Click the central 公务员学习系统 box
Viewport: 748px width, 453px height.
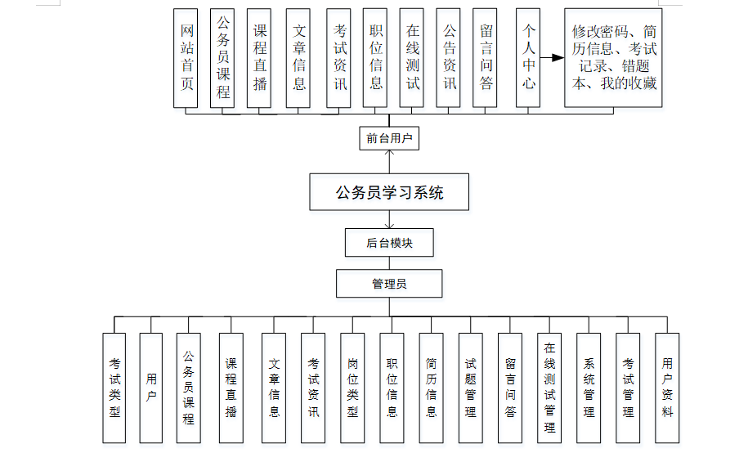click(389, 194)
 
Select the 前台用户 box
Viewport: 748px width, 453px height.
click(389, 138)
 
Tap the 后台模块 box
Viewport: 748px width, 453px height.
click(389, 243)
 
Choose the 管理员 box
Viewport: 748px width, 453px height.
click(389, 284)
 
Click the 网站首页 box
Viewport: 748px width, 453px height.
click(186, 57)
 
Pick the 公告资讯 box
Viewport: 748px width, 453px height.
click(449, 57)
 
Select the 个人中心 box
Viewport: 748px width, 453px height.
click(528, 57)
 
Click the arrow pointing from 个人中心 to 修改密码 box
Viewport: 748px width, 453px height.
click(553, 58)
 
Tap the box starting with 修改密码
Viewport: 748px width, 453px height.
click(614, 57)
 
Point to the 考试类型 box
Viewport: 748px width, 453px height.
click(114, 388)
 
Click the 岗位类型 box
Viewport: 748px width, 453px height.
click(352, 388)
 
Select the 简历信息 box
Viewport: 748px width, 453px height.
click(431, 388)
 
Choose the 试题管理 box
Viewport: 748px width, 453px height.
click(470, 388)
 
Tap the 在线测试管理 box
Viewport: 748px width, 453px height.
click(549, 388)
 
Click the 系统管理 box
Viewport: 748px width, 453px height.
click(589, 388)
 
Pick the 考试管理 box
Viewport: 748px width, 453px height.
click(628, 388)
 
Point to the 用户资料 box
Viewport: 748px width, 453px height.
click(667, 388)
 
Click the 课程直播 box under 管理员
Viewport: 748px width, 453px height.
click(231, 388)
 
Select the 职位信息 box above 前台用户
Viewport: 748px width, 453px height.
click(375, 57)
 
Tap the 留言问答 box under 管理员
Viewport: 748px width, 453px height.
click(510, 388)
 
